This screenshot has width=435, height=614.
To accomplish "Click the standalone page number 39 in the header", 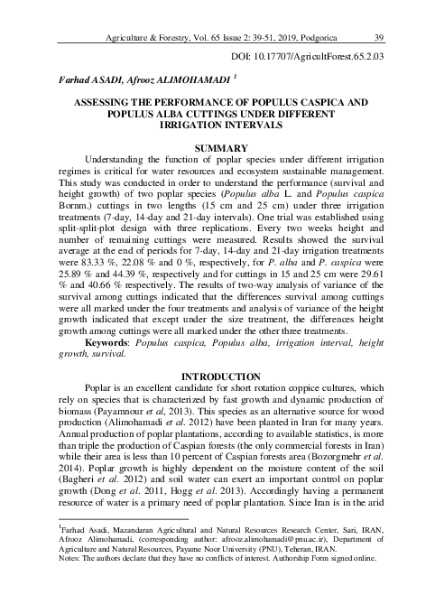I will tap(379, 37).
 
